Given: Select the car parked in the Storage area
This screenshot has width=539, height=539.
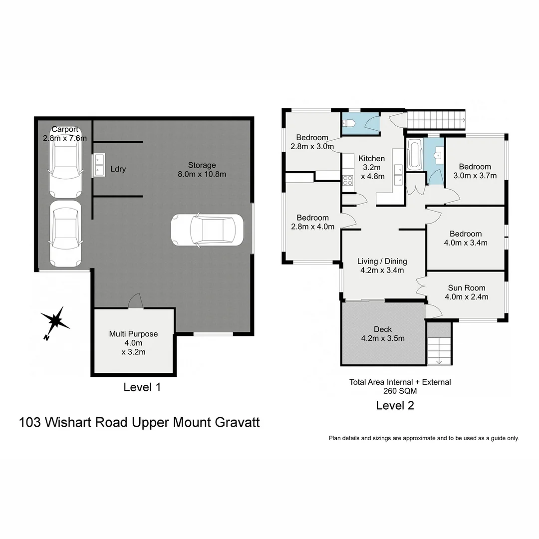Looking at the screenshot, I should (207, 230).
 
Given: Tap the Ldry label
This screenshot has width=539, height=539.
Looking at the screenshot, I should (118, 169).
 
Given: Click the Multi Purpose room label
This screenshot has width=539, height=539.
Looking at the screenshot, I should (133, 334).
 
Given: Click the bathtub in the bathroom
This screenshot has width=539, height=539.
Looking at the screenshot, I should (415, 155).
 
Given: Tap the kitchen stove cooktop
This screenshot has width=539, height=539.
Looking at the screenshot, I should (348, 180).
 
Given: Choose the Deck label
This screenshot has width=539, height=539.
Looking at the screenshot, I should (383, 329).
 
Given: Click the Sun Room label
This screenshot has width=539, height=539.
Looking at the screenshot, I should (466, 288).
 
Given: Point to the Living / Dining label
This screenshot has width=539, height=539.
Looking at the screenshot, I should (382, 261).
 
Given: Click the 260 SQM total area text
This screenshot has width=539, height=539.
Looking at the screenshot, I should (400, 391).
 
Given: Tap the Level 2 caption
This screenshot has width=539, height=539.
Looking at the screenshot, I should (395, 406).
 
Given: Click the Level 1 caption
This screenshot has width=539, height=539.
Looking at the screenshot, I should (142, 387).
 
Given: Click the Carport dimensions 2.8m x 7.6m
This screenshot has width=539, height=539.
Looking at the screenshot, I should (65, 138).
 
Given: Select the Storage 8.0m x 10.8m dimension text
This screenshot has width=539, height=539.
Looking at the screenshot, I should (202, 174).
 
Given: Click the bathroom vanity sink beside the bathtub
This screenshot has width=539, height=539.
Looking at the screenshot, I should (438, 155).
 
